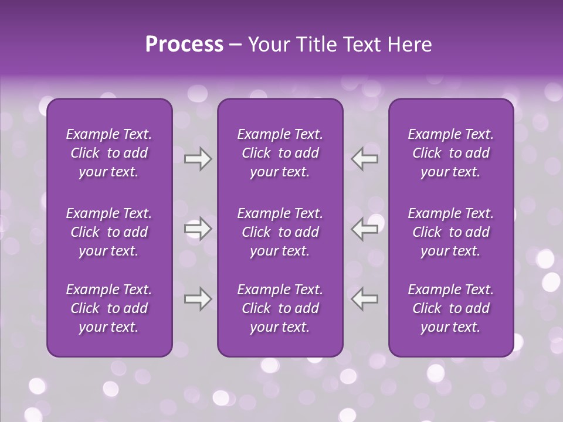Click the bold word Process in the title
[x=184, y=45]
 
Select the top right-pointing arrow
[x=198, y=159]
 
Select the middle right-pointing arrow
[x=198, y=229]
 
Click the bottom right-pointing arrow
[x=198, y=299]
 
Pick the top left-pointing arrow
[x=365, y=159]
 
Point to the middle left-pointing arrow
[x=365, y=229]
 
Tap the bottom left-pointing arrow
[x=365, y=299]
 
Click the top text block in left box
[x=109, y=153]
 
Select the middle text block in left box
[x=109, y=232]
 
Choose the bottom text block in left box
[x=109, y=308]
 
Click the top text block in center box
[x=280, y=153]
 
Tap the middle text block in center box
[x=280, y=232]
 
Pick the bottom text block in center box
[x=280, y=308]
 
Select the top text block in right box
[x=450, y=153]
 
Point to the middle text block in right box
[x=450, y=232]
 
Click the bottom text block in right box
[x=450, y=308]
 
